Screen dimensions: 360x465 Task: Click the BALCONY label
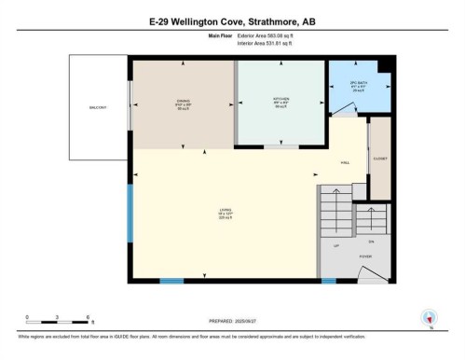98,107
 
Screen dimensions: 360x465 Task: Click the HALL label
345,161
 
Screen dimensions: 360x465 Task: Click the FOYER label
366,253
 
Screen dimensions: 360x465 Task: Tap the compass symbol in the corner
430,317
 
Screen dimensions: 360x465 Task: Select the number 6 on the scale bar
88,318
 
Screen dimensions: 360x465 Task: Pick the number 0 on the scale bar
27,318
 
